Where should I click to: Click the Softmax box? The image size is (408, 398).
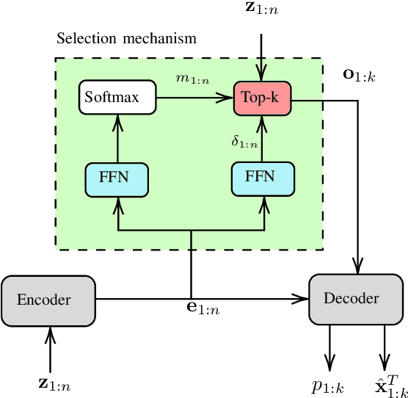[117, 98]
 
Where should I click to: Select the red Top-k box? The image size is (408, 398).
[263, 98]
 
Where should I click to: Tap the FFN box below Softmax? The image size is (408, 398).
[117, 180]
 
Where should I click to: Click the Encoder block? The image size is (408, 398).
[48, 300]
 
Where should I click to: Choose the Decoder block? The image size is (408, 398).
[356, 299]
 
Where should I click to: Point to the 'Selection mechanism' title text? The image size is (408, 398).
[126, 38]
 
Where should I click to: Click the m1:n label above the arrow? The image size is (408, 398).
[193, 79]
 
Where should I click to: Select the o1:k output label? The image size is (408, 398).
[359, 75]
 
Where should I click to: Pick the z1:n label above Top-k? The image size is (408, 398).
[262, 9]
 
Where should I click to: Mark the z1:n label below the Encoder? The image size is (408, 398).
[54, 383]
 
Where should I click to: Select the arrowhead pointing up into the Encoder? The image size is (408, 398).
[49, 332]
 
